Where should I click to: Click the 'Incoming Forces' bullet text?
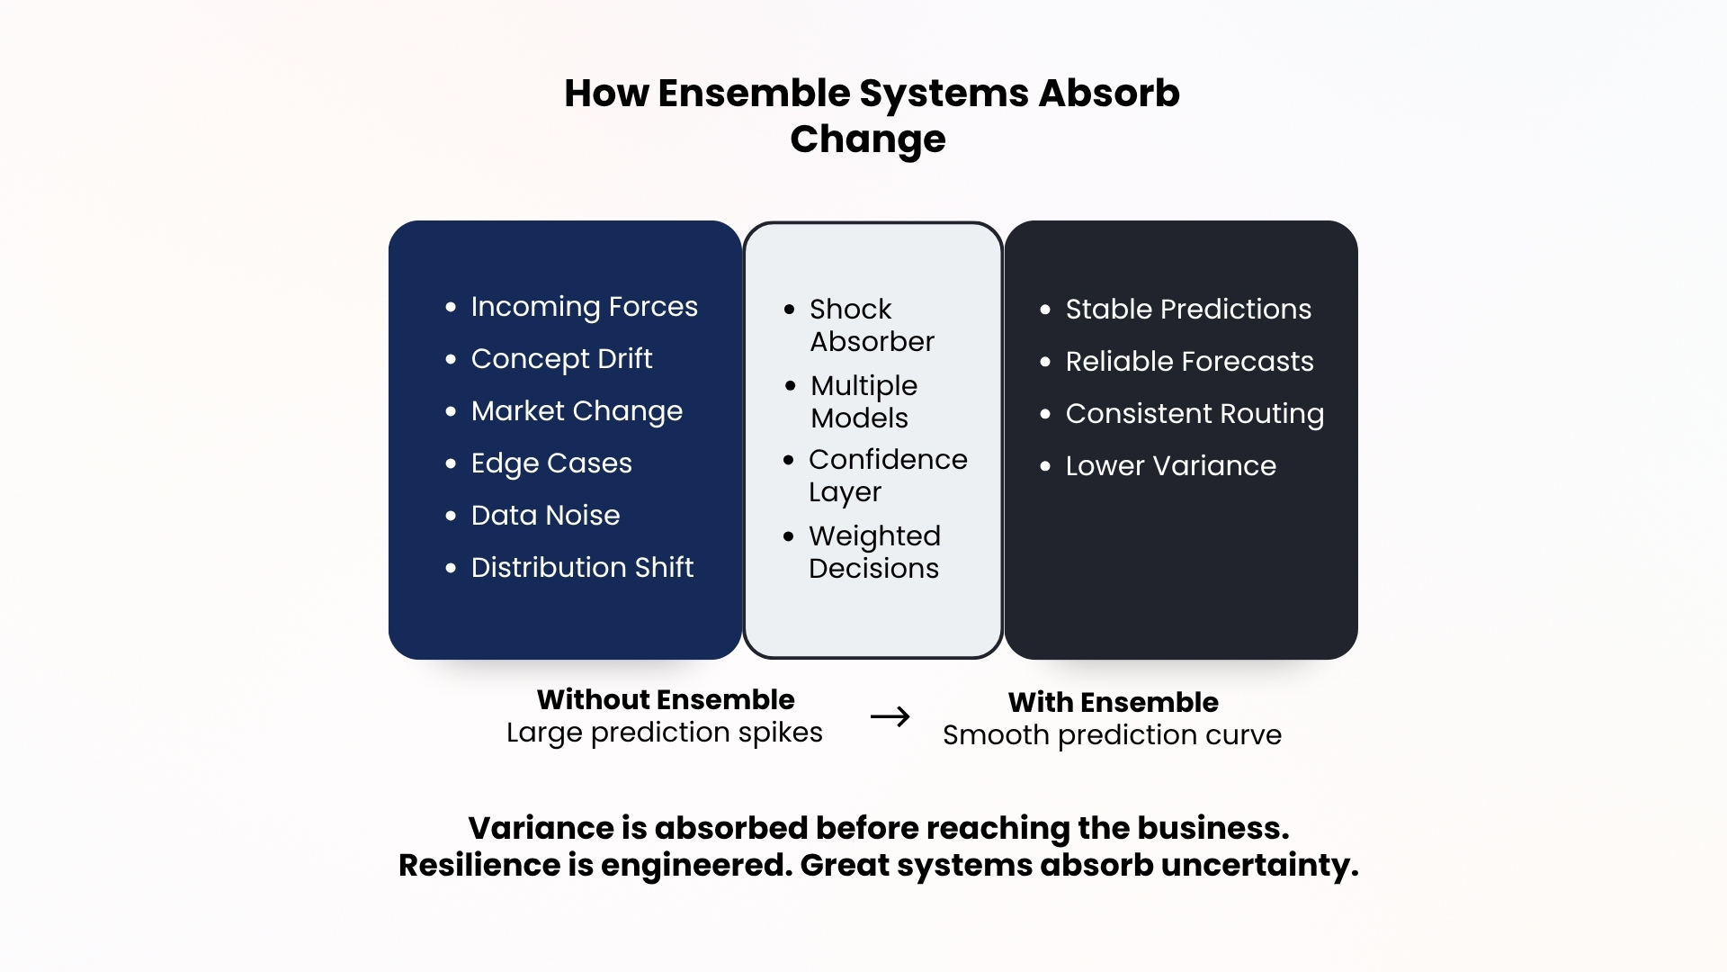[x=584, y=307]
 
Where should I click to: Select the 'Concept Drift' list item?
[x=561, y=359]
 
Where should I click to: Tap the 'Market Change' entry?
[x=577, y=411]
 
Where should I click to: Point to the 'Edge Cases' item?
[x=551, y=463]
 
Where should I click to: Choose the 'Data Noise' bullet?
[x=545, y=515]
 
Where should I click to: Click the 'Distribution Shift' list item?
[x=582, y=567]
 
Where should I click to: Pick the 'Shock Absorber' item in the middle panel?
[x=872, y=325]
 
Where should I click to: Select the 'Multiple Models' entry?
[x=863, y=401]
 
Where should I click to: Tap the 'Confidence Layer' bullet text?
[x=888, y=475]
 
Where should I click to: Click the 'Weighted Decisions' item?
[x=874, y=552]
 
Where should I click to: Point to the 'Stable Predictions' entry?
[x=1188, y=309]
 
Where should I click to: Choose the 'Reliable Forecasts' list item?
[x=1189, y=361]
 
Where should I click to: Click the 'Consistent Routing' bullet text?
[x=1195, y=414]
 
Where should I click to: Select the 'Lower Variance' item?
[x=1170, y=465]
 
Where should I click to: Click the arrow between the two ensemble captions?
[x=890, y=716]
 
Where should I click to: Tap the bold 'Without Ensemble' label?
[x=666, y=699]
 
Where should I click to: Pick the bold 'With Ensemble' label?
[x=1113, y=702]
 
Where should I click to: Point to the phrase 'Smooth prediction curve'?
[x=1112, y=735]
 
